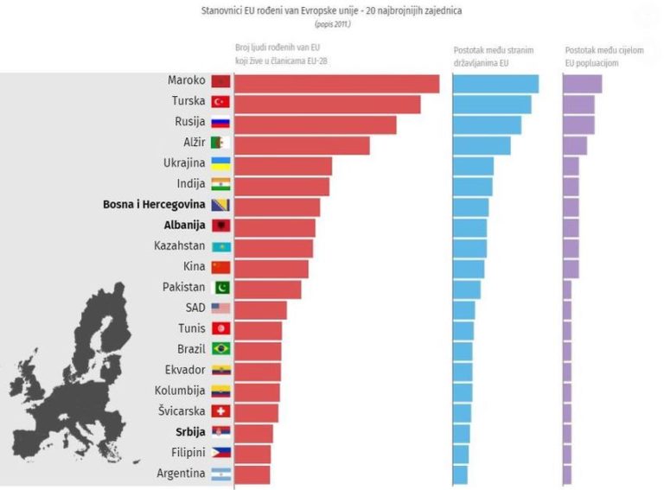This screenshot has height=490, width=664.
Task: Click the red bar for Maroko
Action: (336, 84)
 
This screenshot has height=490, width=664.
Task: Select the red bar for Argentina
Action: (252, 474)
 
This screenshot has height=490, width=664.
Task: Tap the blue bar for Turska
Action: (492, 104)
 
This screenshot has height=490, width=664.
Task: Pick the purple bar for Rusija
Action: (578, 124)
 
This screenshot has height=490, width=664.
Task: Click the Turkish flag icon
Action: (220, 102)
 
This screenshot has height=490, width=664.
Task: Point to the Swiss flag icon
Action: (220, 411)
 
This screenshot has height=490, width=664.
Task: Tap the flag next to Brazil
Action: (220, 349)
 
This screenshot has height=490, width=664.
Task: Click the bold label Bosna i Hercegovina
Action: (154, 205)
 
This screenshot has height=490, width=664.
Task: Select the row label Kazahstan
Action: (180, 245)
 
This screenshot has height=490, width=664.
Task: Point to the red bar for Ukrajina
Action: (283, 165)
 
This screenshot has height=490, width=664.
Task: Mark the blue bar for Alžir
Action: (482, 145)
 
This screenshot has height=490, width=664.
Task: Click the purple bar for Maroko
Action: (583, 84)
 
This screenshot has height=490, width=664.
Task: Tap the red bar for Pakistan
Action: (267, 289)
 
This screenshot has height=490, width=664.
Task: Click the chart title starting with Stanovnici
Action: (332, 12)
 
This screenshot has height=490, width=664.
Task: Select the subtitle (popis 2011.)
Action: (332, 25)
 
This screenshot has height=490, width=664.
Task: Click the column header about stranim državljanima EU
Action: (492, 56)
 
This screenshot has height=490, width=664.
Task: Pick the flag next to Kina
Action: (220, 267)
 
